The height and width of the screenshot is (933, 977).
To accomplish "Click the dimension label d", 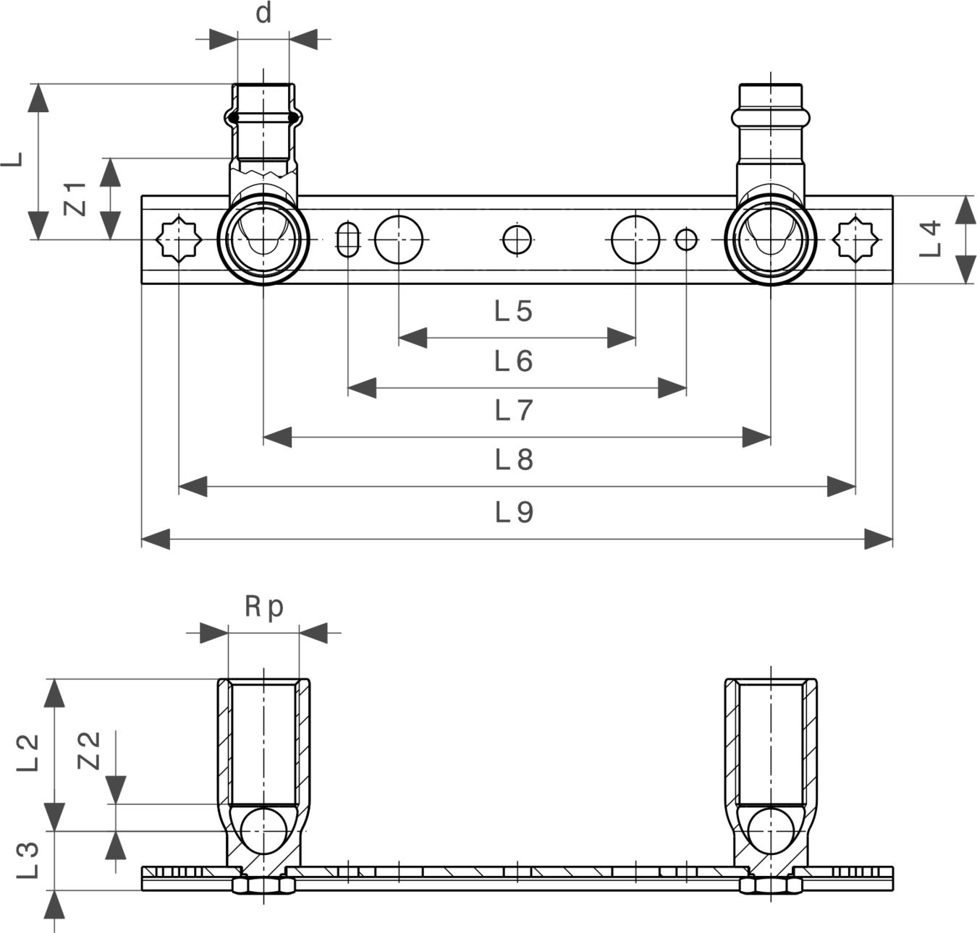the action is click(263, 14).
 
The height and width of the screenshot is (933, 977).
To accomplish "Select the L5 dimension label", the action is click(514, 311).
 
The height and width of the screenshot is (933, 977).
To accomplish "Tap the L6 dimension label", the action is click(514, 361).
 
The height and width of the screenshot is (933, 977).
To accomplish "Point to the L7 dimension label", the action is click(514, 410).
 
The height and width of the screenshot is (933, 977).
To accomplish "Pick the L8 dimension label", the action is click(514, 459).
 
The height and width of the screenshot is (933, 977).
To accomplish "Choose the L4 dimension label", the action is click(930, 239).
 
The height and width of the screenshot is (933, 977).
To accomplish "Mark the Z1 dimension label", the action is click(76, 199).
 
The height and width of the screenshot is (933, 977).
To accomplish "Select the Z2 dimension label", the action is click(89, 751).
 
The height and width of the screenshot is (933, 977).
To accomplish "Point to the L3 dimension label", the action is click(28, 860).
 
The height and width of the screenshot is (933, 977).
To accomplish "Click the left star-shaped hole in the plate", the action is click(179, 240).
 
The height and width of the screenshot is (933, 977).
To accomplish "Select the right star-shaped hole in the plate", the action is click(855, 240).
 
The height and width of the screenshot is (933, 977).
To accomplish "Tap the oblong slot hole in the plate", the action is click(348, 240).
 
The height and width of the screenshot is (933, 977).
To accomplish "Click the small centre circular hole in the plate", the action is click(517, 240).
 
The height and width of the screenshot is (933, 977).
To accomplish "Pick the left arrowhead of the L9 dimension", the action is click(156, 539).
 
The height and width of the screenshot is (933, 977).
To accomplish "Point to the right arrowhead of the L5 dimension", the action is click(622, 338).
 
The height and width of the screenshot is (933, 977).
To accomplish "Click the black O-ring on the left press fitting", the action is click(263, 118).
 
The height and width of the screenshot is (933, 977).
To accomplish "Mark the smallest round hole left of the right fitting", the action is click(686, 240).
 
